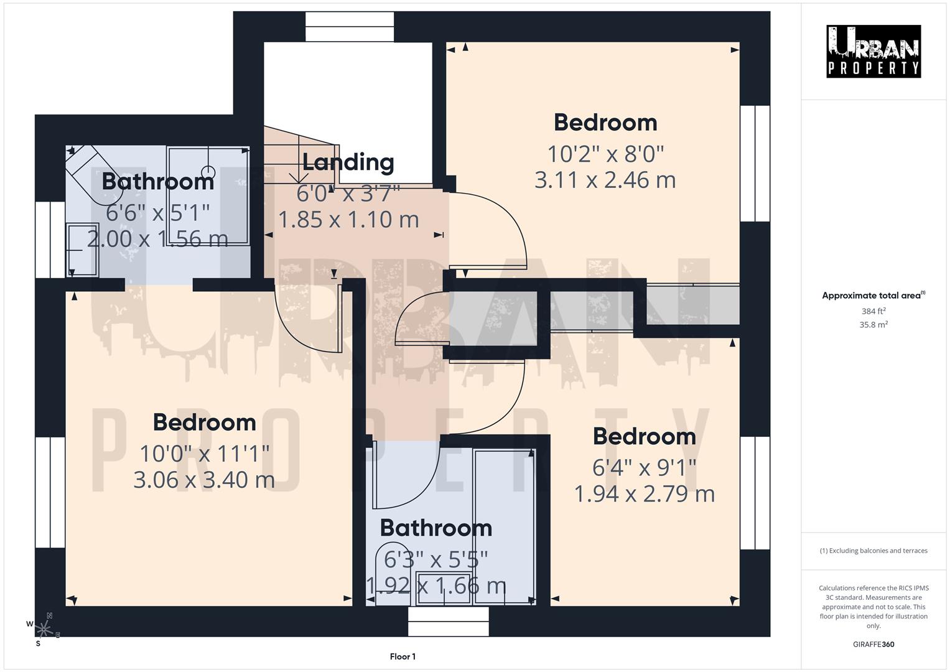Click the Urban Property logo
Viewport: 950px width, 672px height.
pyautogui.click(x=873, y=51)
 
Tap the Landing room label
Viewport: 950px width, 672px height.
pyautogui.click(x=348, y=162)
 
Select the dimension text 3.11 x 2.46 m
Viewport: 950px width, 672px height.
pyautogui.click(x=605, y=180)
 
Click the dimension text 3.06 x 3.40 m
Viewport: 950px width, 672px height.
pyautogui.click(x=204, y=480)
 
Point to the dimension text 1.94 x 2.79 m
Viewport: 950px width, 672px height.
pyautogui.click(x=644, y=494)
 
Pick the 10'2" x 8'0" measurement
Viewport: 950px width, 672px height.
pyautogui.click(x=605, y=152)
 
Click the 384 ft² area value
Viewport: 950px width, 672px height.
pyautogui.click(x=873, y=311)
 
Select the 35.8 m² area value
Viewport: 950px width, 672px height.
pyautogui.click(x=873, y=324)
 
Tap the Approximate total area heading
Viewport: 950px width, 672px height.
pyautogui.click(x=873, y=296)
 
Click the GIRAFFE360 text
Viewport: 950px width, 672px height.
pyautogui.click(x=873, y=644)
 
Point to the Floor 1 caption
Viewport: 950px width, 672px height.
pyautogui.click(x=403, y=656)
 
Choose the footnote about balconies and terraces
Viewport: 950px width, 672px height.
pyautogui.click(x=873, y=551)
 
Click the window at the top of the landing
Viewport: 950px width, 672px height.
pyautogui.click(x=350, y=27)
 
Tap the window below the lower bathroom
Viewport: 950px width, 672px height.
pyautogui.click(x=448, y=621)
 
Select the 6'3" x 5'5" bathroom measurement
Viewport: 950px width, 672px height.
pyautogui.click(x=435, y=560)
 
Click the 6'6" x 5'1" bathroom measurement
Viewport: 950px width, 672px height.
pyautogui.click(x=157, y=213)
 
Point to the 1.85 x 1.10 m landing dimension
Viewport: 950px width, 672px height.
pyautogui.click(x=348, y=220)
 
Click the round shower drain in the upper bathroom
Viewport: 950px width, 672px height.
pyautogui.click(x=208, y=171)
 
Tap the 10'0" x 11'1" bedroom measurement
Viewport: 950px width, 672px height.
pyautogui.click(x=204, y=453)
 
